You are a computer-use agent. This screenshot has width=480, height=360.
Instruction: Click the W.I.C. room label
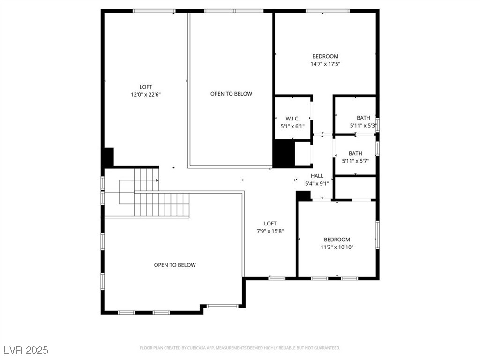tap(292, 119)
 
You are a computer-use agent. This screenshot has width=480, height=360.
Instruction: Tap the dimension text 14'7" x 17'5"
tap(325, 64)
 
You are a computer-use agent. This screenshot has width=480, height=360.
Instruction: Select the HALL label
tap(317, 176)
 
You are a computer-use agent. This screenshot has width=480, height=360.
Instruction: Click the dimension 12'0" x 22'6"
tap(146, 94)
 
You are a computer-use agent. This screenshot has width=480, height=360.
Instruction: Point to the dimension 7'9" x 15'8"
tap(270, 231)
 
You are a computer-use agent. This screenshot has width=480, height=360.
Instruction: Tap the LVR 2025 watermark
tap(26, 350)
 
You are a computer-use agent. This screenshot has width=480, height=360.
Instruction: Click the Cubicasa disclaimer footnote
tap(240, 348)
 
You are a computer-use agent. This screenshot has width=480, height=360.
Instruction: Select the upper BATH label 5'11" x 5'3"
tap(363, 118)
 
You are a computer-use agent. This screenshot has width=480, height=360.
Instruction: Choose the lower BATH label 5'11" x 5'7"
tap(355, 153)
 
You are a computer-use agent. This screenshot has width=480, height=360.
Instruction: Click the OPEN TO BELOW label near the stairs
tap(175, 265)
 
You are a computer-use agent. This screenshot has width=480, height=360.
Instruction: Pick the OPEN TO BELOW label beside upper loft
tap(231, 94)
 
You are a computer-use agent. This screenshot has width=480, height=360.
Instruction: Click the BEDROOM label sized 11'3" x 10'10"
tap(337, 240)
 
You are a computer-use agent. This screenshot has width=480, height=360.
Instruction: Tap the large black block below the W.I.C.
tap(284, 154)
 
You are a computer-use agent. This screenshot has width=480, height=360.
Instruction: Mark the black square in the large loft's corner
tap(108, 157)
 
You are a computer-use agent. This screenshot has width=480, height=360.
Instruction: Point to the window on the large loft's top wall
tap(154, 11)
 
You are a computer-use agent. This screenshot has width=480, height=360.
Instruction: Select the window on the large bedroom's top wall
tap(327, 11)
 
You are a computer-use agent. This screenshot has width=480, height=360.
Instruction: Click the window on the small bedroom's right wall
tap(377, 234)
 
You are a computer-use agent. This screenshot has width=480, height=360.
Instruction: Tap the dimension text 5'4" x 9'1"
tap(317, 183)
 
